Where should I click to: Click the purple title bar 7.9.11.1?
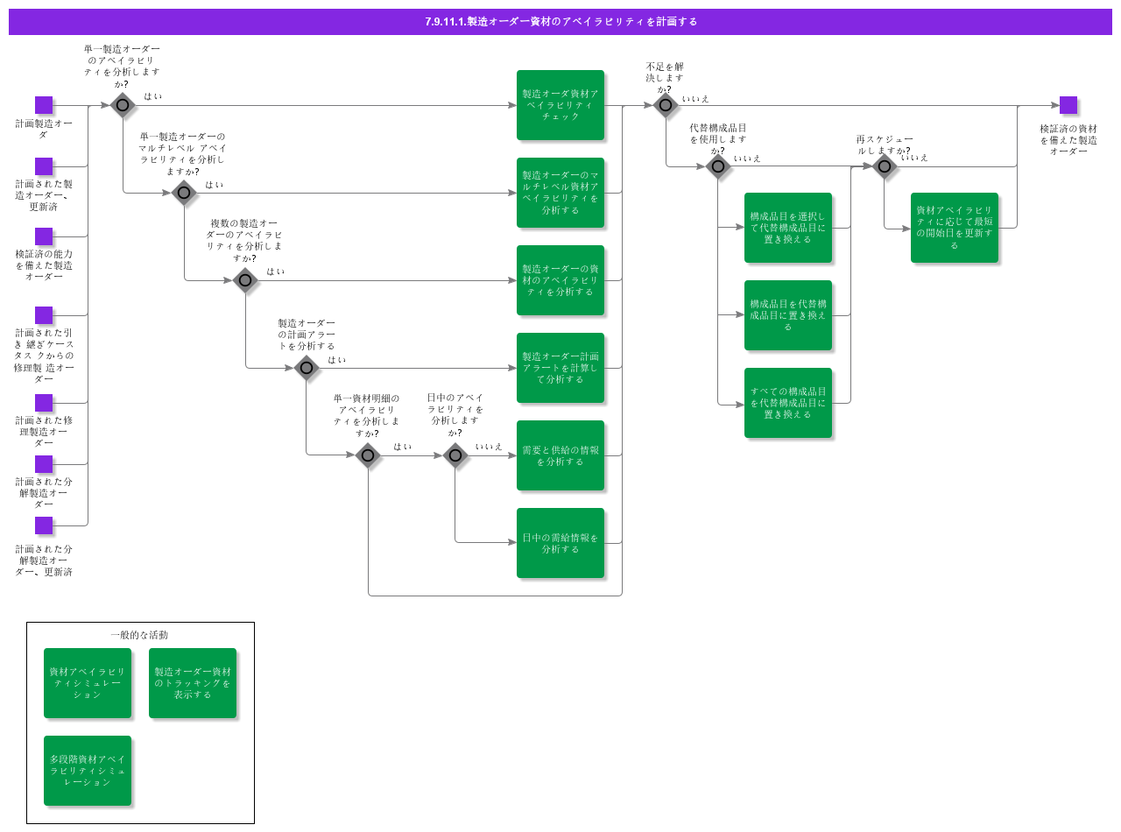click(x=560, y=21)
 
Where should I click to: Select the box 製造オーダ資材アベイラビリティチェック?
click(x=560, y=105)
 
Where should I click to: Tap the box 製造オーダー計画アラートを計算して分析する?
click(x=560, y=368)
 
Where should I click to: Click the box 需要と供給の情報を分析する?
click(x=560, y=455)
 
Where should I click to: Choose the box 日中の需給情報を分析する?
click(x=560, y=543)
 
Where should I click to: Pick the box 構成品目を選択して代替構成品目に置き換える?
click(x=788, y=228)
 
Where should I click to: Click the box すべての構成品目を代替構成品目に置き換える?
click(x=788, y=403)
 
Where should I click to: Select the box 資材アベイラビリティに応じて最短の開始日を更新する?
click(x=955, y=228)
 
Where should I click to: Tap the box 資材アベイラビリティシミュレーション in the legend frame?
click(x=88, y=683)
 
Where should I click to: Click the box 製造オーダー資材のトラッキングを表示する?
click(x=193, y=683)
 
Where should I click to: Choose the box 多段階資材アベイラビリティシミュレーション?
click(x=88, y=771)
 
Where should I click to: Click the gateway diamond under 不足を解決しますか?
click(x=666, y=105)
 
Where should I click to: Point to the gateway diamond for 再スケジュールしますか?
click(x=885, y=166)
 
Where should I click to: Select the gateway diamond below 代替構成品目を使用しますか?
click(x=718, y=166)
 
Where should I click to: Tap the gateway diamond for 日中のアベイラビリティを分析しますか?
click(x=455, y=455)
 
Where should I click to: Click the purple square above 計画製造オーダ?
click(x=44, y=105)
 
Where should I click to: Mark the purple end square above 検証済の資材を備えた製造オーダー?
click(x=1068, y=105)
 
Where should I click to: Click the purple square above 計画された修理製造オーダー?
click(x=44, y=403)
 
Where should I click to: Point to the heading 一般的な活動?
click(x=139, y=635)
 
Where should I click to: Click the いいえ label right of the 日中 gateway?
click(x=490, y=447)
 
